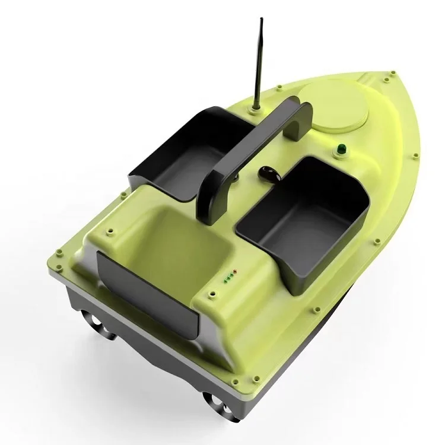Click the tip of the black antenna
click(x=260, y=21)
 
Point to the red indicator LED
click(x=234, y=272)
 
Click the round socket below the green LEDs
click(x=211, y=292)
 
